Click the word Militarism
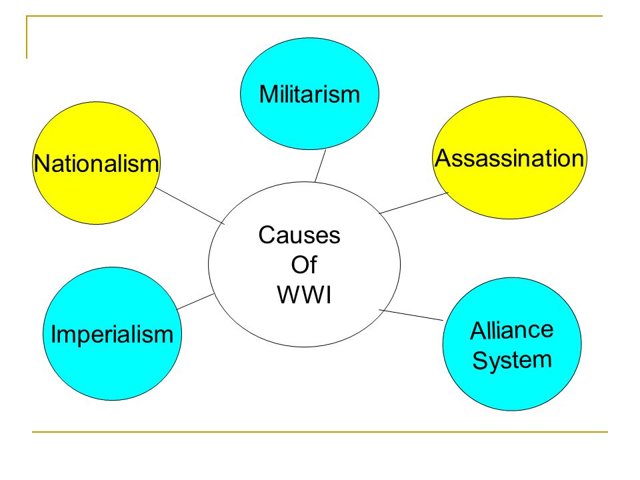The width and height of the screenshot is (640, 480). [x=309, y=94]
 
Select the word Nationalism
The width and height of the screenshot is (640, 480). [x=96, y=163]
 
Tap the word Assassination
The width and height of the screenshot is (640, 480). [x=509, y=158]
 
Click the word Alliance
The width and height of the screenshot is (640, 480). [x=512, y=330]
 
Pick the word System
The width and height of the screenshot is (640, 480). [x=512, y=361]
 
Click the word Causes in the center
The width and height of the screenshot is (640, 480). [x=299, y=235]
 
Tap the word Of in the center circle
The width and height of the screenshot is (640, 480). [x=304, y=265]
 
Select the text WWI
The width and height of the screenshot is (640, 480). [x=304, y=295]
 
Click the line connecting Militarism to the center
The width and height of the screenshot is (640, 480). [x=321, y=166]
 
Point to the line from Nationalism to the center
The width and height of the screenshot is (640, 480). [x=190, y=205]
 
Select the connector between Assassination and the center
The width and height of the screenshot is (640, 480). [x=413, y=203]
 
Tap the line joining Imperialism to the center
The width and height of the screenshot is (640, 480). [x=195, y=301]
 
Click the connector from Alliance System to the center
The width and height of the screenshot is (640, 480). [x=411, y=315]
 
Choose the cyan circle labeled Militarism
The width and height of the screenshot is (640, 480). [x=309, y=94]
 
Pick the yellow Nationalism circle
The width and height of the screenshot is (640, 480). [x=96, y=163]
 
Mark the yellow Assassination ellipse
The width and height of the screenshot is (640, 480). [x=509, y=158]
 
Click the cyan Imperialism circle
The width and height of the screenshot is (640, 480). [x=112, y=334]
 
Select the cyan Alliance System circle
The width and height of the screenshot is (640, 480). [x=512, y=344]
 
